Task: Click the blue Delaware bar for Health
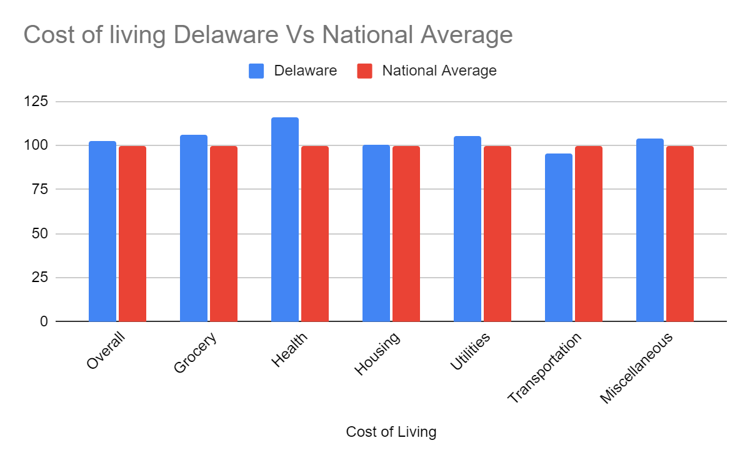(284, 220)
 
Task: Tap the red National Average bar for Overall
(132, 234)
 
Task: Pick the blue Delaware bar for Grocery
(193, 228)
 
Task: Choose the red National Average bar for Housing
(406, 234)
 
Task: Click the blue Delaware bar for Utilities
(467, 229)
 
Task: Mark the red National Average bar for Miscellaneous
(680, 234)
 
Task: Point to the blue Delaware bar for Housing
(376, 233)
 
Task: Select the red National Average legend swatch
(364, 71)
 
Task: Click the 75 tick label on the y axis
(40, 190)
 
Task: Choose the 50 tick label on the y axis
(40, 234)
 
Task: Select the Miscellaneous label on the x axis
(636, 368)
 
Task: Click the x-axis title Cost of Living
(391, 432)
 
